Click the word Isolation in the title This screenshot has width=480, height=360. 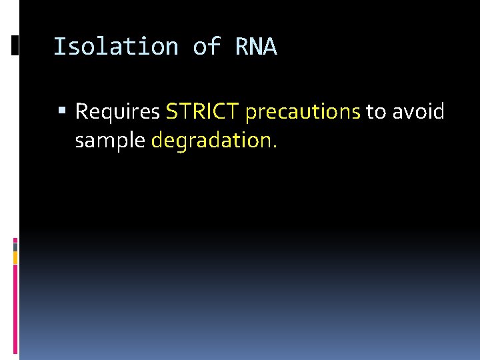[x=115, y=47]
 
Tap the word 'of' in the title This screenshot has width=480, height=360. [x=207, y=47]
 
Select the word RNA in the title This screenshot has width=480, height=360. [x=256, y=47]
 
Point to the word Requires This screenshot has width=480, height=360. [x=117, y=112]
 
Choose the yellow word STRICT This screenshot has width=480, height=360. [x=203, y=111]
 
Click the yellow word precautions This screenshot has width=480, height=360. [x=303, y=112]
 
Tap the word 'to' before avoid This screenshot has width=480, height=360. [x=376, y=112]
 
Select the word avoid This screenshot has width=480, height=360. [x=418, y=111]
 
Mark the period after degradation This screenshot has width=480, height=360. [x=274, y=146]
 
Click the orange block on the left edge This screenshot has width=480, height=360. [x=15, y=257]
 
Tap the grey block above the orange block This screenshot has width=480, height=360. [x=15, y=245]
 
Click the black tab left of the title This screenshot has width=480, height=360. [x=15, y=45]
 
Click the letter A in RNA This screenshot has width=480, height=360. [x=270, y=47]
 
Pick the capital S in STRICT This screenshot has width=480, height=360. [x=171, y=111]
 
